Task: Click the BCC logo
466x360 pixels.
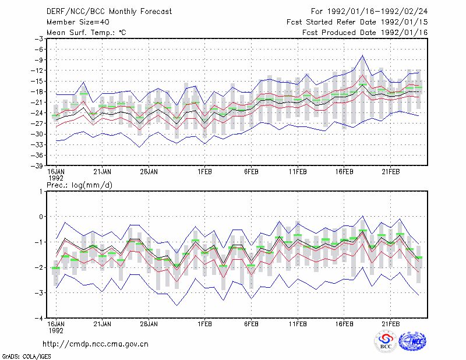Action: pos(386,341)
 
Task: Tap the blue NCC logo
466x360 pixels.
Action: pos(412,341)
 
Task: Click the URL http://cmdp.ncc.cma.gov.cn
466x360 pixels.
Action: pos(96,344)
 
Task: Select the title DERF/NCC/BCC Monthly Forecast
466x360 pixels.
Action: pos(109,12)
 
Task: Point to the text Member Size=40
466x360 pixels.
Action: pos(78,22)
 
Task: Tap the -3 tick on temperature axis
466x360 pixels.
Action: pos(38,39)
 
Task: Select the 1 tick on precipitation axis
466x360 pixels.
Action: pos(41,192)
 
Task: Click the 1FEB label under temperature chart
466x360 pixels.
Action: pos(204,172)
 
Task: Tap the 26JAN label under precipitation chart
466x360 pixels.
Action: pos(149,324)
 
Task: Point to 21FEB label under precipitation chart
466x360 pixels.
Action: pos(390,324)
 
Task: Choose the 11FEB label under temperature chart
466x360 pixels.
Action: pos(298,172)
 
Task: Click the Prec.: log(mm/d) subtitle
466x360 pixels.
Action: pos(79,185)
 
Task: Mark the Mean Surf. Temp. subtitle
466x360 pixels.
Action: pos(86,33)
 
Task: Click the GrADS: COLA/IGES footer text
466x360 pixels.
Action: pos(27,357)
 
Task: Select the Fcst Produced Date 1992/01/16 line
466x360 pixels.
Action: pos(365,33)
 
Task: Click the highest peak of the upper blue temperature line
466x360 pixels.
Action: pos(362,55)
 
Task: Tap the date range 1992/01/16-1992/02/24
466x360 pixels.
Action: pos(377,12)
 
